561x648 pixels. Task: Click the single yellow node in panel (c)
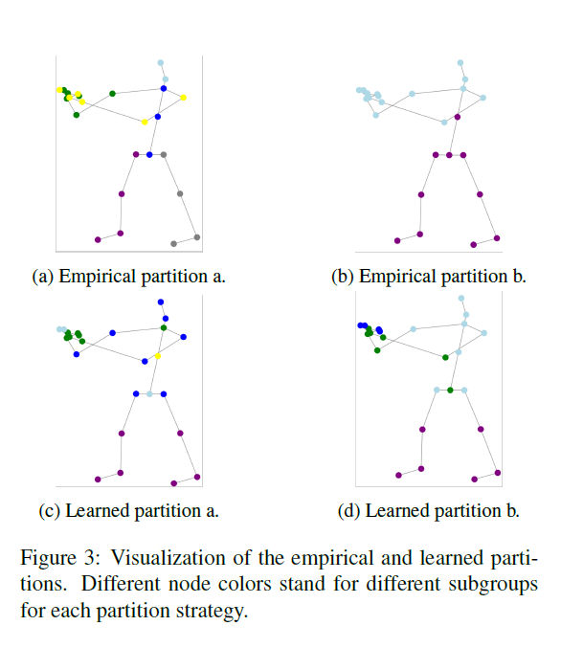click(158, 356)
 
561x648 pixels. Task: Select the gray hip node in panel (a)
click(164, 154)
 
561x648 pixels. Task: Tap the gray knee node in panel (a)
click(180, 193)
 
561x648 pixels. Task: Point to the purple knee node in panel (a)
click(122, 193)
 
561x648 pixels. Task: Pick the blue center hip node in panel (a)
click(149, 154)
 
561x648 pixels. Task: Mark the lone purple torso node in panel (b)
click(458, 117)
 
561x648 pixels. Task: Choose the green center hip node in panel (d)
click(450, 391)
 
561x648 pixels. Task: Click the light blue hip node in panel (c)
click(149, 393)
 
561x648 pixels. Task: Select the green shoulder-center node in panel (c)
click(164, 327)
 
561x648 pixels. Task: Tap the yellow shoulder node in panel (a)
click(183, 98)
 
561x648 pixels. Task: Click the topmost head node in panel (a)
click(161, 63)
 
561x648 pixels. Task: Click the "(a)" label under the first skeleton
click(43, 277)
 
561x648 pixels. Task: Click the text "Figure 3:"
click(60, 558)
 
